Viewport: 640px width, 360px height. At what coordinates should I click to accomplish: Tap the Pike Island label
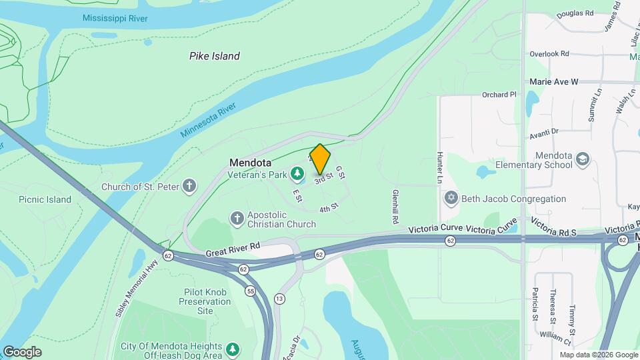[214, 57]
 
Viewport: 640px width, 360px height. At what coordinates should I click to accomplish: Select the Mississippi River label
[114, 17]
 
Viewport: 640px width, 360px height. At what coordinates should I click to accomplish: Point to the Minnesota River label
[209, 121]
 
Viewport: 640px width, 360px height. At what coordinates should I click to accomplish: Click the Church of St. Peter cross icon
[190, 186]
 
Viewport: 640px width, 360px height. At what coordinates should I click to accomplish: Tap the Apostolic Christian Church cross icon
[237, 218]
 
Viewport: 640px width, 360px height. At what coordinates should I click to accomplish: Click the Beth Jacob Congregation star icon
[451, 199]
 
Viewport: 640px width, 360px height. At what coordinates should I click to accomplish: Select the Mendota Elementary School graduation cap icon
[583, 159]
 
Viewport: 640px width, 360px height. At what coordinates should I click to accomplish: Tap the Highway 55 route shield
[251, 291]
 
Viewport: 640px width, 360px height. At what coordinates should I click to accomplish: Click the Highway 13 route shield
[279, 298]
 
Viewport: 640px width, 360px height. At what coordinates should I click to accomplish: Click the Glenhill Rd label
[395, 206]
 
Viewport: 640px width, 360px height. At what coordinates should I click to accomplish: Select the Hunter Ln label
[440, 167]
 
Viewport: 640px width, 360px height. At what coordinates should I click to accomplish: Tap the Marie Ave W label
[554, 81]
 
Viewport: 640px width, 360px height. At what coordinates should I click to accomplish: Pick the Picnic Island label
[45, 199]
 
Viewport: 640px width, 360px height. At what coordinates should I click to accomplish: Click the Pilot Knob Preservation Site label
[205, 301]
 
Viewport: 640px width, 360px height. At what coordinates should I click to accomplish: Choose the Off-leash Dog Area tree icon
[231, 349]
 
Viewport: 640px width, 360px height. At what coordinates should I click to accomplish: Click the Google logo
[22, 352]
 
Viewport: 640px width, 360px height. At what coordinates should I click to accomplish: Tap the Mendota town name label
[250, 163]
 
